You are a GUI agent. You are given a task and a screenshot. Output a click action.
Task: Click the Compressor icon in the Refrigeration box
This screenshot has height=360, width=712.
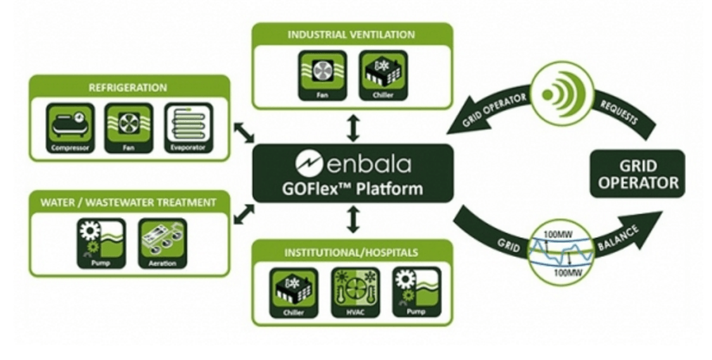pos(71,128)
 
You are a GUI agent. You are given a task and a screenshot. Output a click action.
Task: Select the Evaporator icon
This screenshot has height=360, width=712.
pos(188,128)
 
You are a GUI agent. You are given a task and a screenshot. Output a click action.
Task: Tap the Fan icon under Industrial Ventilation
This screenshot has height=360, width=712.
pos(323,75)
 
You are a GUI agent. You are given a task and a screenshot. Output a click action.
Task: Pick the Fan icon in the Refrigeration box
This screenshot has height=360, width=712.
pos(129,128)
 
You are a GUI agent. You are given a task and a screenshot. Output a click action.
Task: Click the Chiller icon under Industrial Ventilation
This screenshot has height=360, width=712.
pos(383,75)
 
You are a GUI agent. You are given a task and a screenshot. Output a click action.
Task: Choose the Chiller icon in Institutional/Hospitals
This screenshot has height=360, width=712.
pos(293,293)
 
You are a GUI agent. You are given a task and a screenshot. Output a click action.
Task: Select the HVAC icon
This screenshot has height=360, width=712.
pos(355,293)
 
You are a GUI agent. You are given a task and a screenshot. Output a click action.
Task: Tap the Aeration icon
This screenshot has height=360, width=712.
pos(162,243)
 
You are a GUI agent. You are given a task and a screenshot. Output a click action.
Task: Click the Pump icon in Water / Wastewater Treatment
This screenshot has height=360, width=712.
pos(101,243)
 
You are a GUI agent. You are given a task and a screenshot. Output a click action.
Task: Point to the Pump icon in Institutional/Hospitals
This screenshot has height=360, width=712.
pos(416,293)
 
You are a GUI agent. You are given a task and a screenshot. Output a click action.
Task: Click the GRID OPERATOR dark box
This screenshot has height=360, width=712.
pos(637,174)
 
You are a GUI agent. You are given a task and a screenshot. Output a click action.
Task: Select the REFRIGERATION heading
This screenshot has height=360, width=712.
pos(128,87)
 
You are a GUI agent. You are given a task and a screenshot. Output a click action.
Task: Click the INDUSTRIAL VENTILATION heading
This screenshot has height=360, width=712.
pos(351,35)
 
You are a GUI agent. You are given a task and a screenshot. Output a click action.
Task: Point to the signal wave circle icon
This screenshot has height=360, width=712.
pos(561,94)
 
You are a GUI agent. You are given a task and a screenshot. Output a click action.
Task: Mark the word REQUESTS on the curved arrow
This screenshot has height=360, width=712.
pos(619,112)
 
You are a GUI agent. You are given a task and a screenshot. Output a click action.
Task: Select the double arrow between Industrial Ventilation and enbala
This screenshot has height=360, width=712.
pos(353,128)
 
